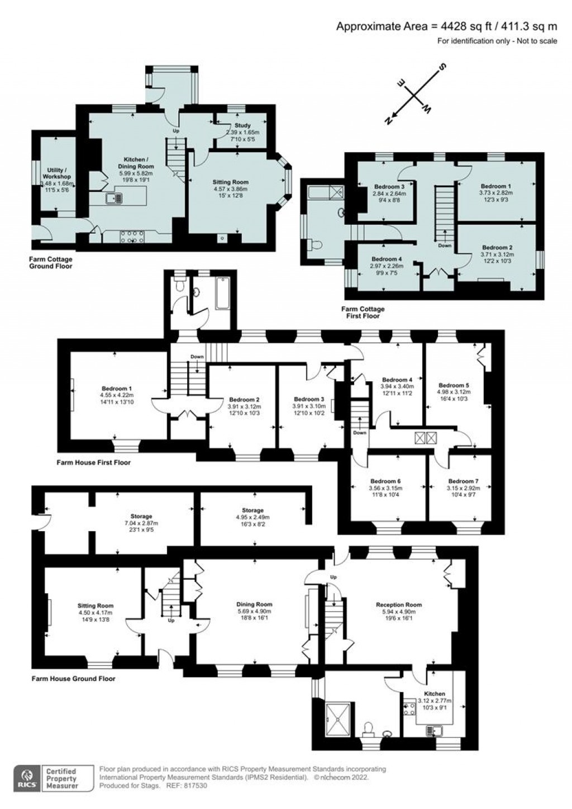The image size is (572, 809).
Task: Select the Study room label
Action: tap(242, 126)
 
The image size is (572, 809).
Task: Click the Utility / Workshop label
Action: tap(56, 173)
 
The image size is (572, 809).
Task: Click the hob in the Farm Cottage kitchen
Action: tap(130, 237)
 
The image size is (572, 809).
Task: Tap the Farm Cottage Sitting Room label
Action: tap(230, 182)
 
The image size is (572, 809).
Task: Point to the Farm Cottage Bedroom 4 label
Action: tap(387, 259)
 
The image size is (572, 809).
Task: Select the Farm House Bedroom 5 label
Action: tap(454, 385)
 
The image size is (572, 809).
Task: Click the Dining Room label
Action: tap(254, 604)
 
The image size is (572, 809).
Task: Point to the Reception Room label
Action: tap(398, 604)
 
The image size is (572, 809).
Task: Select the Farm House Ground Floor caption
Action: tap(74, 679)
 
